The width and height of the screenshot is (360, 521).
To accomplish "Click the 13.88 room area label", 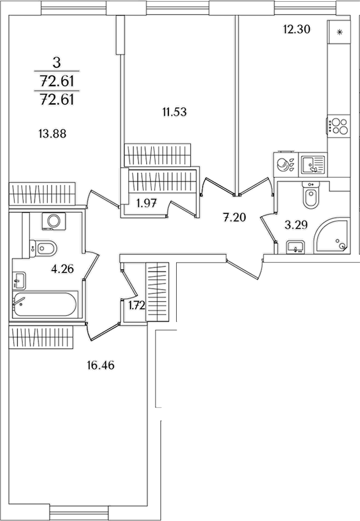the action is pos(52,134).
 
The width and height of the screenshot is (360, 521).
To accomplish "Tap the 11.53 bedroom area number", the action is pos(174,112).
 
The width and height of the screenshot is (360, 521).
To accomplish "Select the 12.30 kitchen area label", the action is pos(297,29).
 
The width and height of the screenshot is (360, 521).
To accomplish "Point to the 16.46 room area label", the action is pos(101,365).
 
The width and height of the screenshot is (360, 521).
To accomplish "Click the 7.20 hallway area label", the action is pos(234,218).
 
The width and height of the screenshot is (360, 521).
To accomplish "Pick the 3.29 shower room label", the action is pos(296,225).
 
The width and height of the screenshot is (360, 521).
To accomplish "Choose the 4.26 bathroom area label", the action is pos(62,268).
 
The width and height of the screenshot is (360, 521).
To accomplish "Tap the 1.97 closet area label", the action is pos(146,203).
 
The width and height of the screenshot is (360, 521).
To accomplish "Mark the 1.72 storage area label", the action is pos(137,305).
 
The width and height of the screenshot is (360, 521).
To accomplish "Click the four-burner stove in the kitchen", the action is pos(338,126).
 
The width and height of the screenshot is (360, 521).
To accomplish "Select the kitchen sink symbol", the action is pos(313,165).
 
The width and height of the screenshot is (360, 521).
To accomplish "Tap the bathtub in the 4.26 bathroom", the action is pos(45,304).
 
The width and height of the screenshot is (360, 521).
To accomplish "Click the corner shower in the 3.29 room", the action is pos(332,236).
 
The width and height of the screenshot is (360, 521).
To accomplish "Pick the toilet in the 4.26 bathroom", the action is pos(43,248).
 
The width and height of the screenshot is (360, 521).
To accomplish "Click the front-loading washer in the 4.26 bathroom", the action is pos(54,221).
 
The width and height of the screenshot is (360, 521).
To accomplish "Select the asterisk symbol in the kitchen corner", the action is pos(339,32).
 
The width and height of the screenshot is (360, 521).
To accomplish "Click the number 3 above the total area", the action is pos(57,62).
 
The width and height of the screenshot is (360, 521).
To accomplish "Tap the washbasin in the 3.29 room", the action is pos(296,247).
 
